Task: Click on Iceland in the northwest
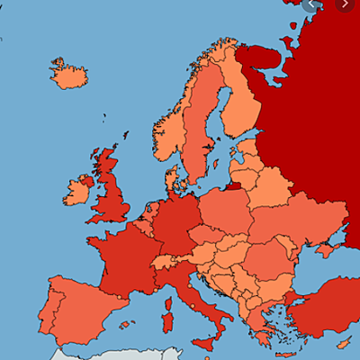pyautogui.click(x=68, y=75)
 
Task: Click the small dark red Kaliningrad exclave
pyautogui.click(x=231, y=187)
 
